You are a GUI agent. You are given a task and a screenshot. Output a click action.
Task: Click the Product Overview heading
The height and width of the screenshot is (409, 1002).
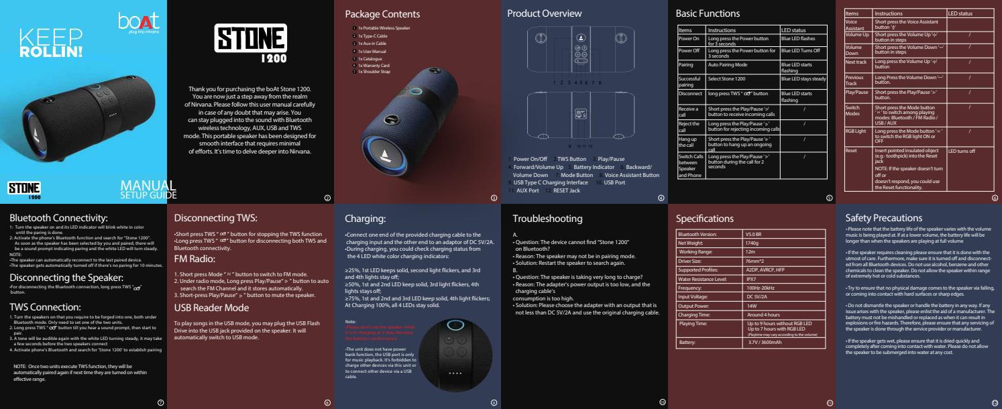[544, 14]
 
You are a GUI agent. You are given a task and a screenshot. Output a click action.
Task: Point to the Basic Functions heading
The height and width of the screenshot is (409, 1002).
[708, 14]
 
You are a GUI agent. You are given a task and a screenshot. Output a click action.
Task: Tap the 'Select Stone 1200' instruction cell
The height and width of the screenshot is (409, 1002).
[731, 79]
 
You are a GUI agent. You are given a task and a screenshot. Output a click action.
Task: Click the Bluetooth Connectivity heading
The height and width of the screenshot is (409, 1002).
[58, 217]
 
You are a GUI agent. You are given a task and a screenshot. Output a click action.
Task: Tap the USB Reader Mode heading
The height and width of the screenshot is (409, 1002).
[212, 308]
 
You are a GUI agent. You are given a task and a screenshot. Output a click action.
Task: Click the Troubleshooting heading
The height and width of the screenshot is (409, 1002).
[548, 219]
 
